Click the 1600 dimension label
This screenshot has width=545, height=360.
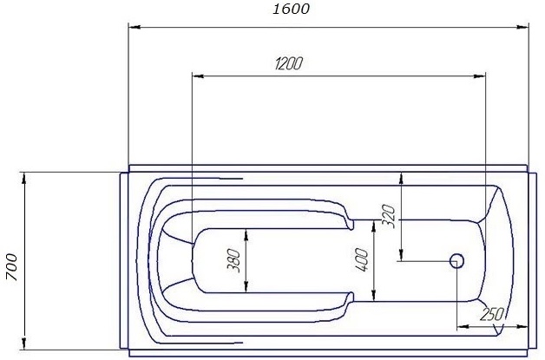(x=292, y=10)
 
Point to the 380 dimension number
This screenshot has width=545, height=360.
(x=233, y=260)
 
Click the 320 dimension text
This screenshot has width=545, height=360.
(x=388, y=214)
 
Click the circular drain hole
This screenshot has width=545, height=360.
(x=457, y=260)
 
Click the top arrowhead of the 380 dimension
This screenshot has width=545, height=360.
(x=247, y=233)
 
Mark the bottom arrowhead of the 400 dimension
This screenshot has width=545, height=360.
(x=375, y=296)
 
